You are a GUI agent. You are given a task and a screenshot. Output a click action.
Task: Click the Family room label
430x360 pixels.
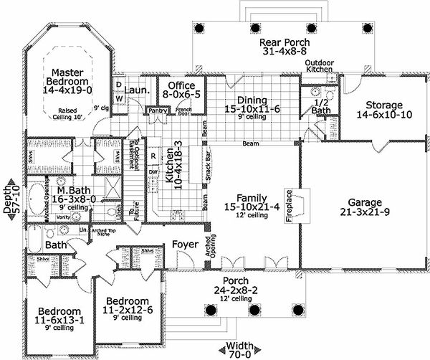242,202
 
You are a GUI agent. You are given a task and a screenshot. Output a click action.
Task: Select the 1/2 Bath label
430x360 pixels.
321,106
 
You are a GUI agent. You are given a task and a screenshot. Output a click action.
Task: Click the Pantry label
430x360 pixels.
157,111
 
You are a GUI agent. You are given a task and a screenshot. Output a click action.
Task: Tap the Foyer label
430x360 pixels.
186,245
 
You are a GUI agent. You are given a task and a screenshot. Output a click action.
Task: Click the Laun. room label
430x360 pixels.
136,91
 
